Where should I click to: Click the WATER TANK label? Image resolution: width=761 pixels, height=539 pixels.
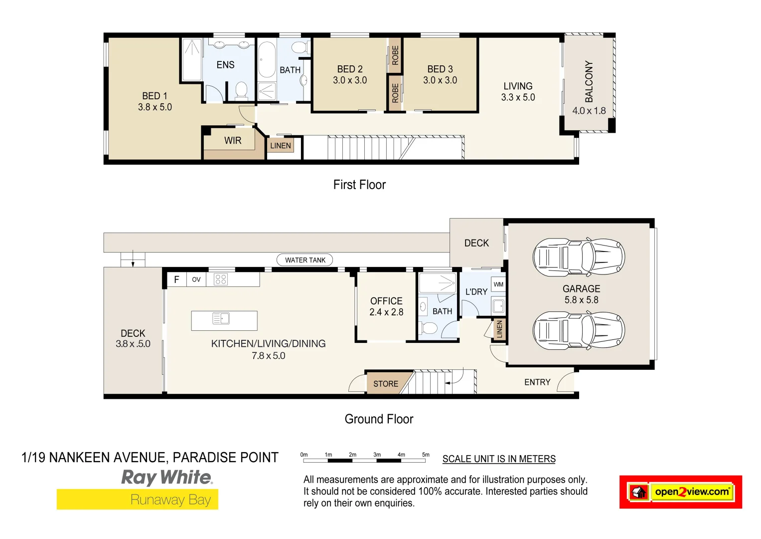pos(305,260)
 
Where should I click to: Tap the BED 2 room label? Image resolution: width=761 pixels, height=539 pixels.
pos(350,74)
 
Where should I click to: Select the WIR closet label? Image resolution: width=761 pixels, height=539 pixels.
pos(233,141)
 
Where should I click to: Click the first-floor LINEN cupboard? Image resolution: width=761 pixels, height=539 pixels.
pos(281,146)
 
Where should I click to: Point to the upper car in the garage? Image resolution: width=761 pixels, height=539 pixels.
pos(579,258)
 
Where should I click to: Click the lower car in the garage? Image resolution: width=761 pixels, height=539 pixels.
pos(579,330)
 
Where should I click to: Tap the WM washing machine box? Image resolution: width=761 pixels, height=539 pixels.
pos(498,284)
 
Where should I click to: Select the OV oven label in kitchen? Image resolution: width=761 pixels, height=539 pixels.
pos(196,279)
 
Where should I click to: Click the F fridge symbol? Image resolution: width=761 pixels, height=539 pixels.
pos(176,279)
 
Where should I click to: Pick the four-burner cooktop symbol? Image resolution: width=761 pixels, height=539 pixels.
pos(220,279)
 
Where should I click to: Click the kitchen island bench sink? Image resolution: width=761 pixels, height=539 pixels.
pos(221,318)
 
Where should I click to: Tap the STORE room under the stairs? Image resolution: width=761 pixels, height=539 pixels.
pos(386,384)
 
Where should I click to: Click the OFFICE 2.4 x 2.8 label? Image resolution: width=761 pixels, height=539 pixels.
pos(386,306)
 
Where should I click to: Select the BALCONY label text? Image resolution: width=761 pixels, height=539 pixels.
pos(589,81)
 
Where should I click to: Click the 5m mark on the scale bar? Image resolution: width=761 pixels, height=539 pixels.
pos(426,455)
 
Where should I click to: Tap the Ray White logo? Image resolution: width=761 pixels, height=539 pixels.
pos(167,478)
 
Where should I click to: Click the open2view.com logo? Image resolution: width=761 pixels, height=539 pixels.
pos(681,492)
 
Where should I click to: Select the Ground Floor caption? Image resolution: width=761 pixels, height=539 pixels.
pos(379,419)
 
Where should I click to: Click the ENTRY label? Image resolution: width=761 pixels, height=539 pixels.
pos(537,382)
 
